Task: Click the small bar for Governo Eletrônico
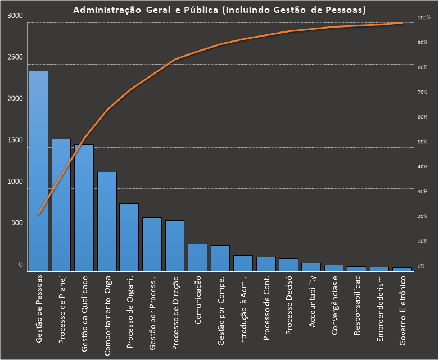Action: (x=402, y=269)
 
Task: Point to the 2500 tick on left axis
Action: (x=16, y=58)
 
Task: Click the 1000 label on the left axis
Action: (x=16, y=182)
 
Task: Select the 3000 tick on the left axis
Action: (x=16, y=16)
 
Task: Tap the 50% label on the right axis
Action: (x=422, y=142)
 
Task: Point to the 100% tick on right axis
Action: (x=423, y=19)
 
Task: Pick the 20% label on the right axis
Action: (x=422, y=216)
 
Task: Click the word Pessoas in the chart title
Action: (x=344, y=10)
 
